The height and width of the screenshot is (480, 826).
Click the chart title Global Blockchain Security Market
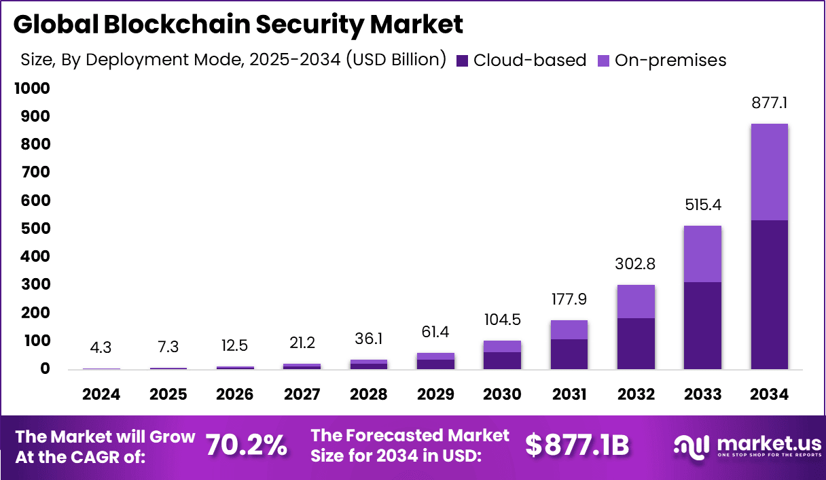(238, 24)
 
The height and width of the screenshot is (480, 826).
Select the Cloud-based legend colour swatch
(463, 61)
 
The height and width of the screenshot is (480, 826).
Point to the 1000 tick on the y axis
(30, 88)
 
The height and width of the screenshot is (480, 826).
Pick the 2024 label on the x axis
(101, 394)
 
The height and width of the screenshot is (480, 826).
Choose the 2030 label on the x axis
(502, 394)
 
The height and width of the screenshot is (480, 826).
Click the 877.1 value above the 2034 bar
(769, 104)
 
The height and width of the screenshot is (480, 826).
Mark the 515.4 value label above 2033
(702, 205)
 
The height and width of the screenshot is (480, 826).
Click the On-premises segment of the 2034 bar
(769, 172)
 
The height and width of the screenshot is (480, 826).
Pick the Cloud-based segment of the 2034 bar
(769, 294)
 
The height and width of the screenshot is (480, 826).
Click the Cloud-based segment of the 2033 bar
(702, 325)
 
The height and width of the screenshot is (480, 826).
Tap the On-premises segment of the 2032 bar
(636, 301)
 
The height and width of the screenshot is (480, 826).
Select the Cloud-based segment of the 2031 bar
(569, 354)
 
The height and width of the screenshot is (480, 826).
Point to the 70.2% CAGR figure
(246, 445)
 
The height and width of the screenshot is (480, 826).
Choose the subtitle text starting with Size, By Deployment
(233, 60)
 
